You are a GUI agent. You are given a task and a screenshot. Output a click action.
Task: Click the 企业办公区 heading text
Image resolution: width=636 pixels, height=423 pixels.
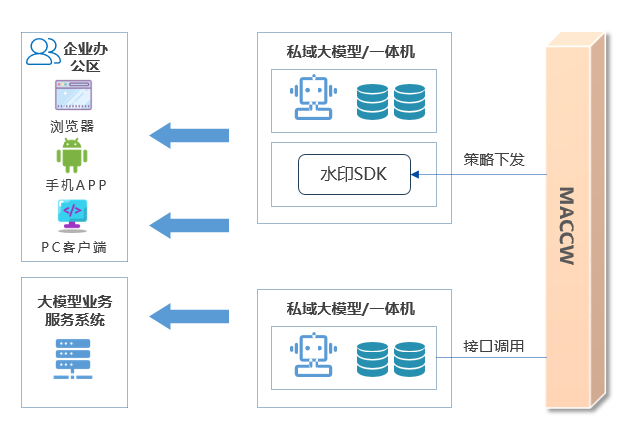[x=81, y=57]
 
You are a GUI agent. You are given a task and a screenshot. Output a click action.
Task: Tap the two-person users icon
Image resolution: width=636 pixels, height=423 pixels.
[x=42, y=51]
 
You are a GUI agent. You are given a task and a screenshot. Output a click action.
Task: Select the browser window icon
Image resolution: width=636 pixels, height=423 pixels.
[x=73, y=97]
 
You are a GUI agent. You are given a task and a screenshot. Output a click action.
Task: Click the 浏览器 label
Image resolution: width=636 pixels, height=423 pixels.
[x=72, y=126]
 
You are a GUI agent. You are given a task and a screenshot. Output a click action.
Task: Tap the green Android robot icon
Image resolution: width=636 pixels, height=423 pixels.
[x=72, y=156]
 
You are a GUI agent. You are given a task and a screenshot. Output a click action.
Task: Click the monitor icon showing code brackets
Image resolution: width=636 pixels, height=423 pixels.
[x=72, y=215]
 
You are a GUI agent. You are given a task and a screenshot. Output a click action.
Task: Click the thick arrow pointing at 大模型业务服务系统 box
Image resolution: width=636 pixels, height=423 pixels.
[x=191, y=316]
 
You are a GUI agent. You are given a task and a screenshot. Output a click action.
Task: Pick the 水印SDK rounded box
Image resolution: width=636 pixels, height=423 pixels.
[x=354, y=175]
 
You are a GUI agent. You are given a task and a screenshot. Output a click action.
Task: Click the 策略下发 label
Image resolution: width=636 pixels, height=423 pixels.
[x=493, y=159]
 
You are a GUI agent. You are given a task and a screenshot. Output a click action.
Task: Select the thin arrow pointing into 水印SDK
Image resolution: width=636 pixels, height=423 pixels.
[x=476, y=175]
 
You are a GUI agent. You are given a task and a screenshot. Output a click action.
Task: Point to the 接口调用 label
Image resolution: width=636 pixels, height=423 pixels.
[x=493, y=347]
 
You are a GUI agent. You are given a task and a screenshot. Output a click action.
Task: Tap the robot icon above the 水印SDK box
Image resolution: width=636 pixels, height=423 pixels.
[x=315, y=99]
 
